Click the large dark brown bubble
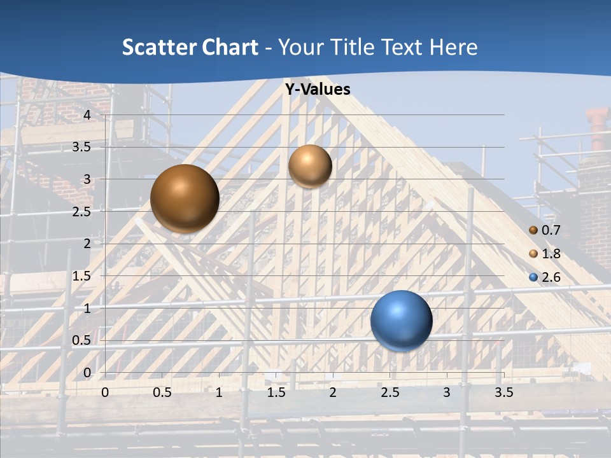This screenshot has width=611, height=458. click(x=185, y=198)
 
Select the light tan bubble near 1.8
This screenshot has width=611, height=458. click(x=310, y=166)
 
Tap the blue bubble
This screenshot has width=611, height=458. click(x=401, y=321)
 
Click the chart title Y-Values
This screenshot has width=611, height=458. click(x=318, y=90)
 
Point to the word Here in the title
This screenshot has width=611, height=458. click(x=454, y=47)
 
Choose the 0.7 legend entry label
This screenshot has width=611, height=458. click(x=551, y=230)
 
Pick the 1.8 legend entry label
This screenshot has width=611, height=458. click(x=551, y=254)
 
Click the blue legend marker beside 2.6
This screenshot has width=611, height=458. click(x=533, y=277)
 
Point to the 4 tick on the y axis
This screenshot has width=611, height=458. click(x=88, y=115)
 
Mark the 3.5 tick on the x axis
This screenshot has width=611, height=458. click(x=503, y=392)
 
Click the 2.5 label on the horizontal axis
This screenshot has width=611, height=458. click(x=390, y=392)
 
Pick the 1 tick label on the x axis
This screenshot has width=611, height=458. click(x=219, y=392)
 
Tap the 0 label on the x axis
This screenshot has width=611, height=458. click(x=105, y=392)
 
